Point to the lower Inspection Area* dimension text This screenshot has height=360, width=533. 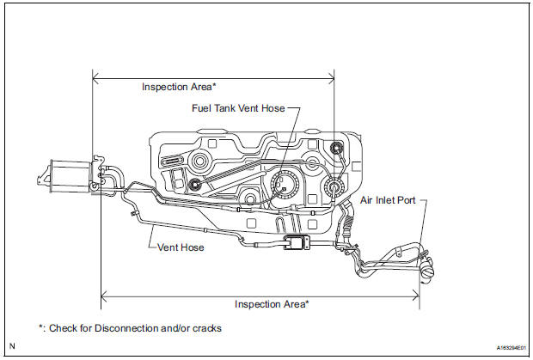point(273,303)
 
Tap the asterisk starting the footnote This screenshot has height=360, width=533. point(41,327)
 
